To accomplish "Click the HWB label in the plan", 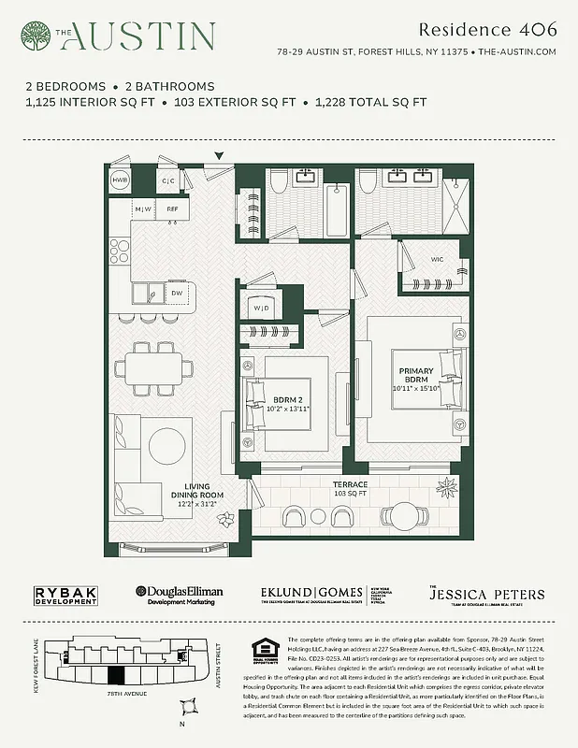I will pyautogui.click(x=120, y=180).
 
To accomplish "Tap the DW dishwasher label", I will pyautogui.click(x=177, y=294).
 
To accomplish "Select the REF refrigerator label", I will pyautogui.click(x=172, y=209).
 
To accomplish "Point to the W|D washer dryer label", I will pyautogui.click(x=261, y=307).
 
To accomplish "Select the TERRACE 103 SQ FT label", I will pyautogui.click(x=352, y=489).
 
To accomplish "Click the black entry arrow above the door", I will pyautogui.click(x=220, y=156).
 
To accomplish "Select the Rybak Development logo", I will pyautogui.click(x=65, y=595).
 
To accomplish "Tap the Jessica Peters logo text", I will pyautogui.click(x=486, y=595).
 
